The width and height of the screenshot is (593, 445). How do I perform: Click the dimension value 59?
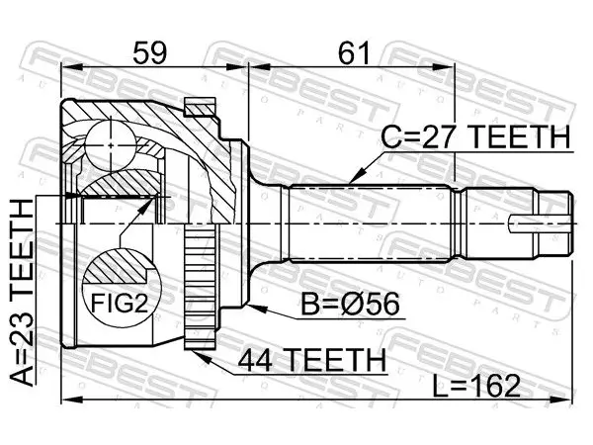click(x=150, y=52)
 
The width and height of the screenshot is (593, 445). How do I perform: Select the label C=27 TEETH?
click(x=475, y=137)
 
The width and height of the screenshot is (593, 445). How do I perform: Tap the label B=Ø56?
click(x=350, y=305)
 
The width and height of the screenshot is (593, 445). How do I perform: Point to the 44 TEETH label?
click(x=312, y=360)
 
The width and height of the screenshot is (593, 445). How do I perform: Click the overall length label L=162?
click(x=476, y=387)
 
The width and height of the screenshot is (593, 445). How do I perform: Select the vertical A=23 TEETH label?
click(x=23, y=293)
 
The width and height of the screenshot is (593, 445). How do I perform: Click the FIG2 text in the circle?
click(x=120, y=304)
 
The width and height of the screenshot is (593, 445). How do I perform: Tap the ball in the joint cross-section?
click(x=110, y=145)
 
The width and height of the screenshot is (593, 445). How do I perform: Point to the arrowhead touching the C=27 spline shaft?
click(x=357, y=176)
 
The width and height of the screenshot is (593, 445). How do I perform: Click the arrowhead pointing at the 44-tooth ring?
click(x=200, y=355)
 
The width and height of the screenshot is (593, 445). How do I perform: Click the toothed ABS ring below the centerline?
click(x=200, y=286)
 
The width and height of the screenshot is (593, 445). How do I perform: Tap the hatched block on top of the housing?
click(x=200, y=107)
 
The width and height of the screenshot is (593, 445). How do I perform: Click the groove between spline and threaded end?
click(x=460, y=223)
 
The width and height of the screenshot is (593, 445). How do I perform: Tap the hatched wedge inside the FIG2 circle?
click(x=116, y=266)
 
